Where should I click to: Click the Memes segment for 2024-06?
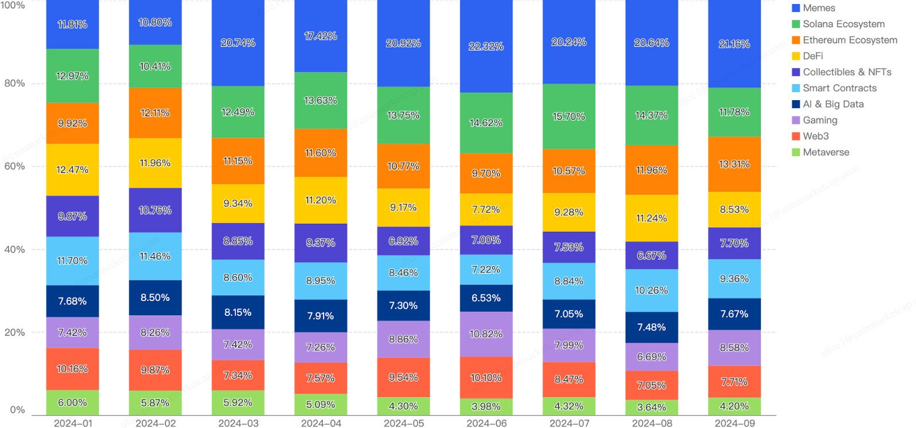click(x=486, y=46)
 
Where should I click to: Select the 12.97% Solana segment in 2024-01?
click(x=72, y=76)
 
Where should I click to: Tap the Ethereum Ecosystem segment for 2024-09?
click(x=734, y=164)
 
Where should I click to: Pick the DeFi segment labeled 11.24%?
click(x=652, y=218)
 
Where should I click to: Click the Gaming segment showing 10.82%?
click(x=486, y=334)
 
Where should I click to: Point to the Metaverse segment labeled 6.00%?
click(x=72, y=402)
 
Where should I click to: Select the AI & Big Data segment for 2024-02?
click(x=155, y=298)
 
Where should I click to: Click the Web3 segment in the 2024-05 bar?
click(x=403, y=377)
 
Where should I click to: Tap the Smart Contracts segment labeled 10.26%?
click(x=652, y=290)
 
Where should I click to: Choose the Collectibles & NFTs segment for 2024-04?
click(x=321, y=243)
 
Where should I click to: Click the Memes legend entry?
click(x=819, y=8)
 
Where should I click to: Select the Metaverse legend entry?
click(x=826, y=152)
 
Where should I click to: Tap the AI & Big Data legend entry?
click(x=832, y=104)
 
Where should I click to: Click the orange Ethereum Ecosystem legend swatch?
click(x=796, y=40)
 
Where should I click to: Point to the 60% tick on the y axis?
click(x=14, y=167)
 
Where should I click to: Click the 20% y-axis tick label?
click(x=14, y=332)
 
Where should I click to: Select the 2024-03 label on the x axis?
click(x=238, y=423)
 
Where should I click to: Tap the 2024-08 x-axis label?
click(x=652, y=423)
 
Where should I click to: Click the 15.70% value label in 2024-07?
click(x=568, y=116)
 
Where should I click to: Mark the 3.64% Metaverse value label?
click(x=652, y=407)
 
